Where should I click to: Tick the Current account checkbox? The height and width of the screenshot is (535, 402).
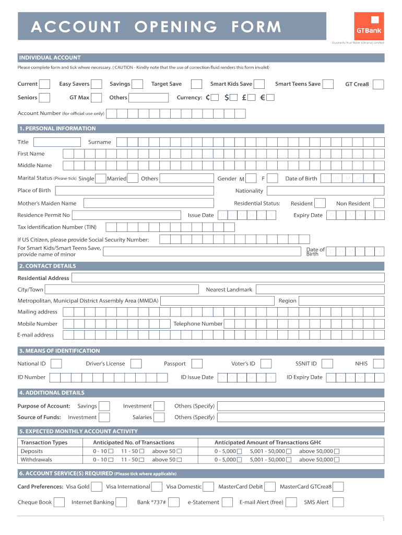(x=45, y=84)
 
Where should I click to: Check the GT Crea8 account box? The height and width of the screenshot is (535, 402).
(x=378, y=84)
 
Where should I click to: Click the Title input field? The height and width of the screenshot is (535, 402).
(x=57, y=142)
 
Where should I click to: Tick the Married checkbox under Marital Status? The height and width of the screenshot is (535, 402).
(x=133, y=179)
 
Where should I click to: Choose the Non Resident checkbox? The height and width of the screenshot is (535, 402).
(x=379, y=203)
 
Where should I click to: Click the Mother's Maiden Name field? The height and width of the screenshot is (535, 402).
(x=148, y=203)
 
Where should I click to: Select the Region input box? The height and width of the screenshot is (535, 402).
(x=342, y=300)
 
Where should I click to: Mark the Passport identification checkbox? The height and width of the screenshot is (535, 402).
(x=196, y=364)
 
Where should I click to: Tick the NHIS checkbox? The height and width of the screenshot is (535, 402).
(x=379, y=364)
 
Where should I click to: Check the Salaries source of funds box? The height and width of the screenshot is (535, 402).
(x=160, y=417)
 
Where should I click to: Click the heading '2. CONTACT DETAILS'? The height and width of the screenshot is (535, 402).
(x=47, y=266)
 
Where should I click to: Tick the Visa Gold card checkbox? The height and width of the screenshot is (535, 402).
(x=97, y=487)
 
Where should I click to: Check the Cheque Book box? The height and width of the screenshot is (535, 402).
(x=61, y=502)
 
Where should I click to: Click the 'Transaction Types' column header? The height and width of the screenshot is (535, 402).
(x=44, y=443)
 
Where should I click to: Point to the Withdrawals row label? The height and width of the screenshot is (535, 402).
(x=36, y=460)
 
